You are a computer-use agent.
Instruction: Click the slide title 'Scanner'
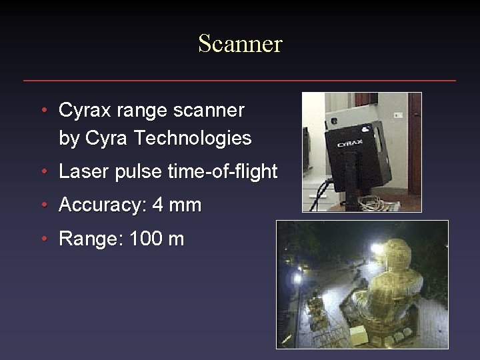click(x=240, y=44)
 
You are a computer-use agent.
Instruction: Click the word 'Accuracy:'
click(x=103, y=205)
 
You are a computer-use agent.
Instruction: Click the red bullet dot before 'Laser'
click(x=43, y=172)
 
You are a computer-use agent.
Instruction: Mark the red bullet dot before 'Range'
click(x=43, y=239)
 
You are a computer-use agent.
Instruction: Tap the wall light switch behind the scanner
click(x=399, y=115)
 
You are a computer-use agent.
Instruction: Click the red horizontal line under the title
click(x=240, y=81)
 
